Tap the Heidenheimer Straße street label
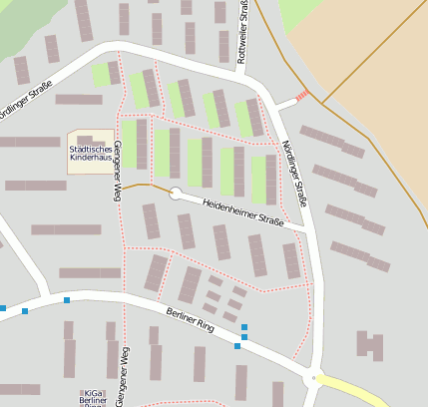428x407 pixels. pyautogui.click(x=243, y=211)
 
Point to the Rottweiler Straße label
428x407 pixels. pyautogui.click(x=243, y=32)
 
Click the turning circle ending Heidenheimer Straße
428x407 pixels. pyautogui.click(x=176, y=194)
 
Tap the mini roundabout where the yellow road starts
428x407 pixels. pyautogui.click(x=315, y=378)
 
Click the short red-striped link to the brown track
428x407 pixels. pyautogui.click(x=302, y=97)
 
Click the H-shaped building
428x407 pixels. pyautogui.click(x=370, y=345)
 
